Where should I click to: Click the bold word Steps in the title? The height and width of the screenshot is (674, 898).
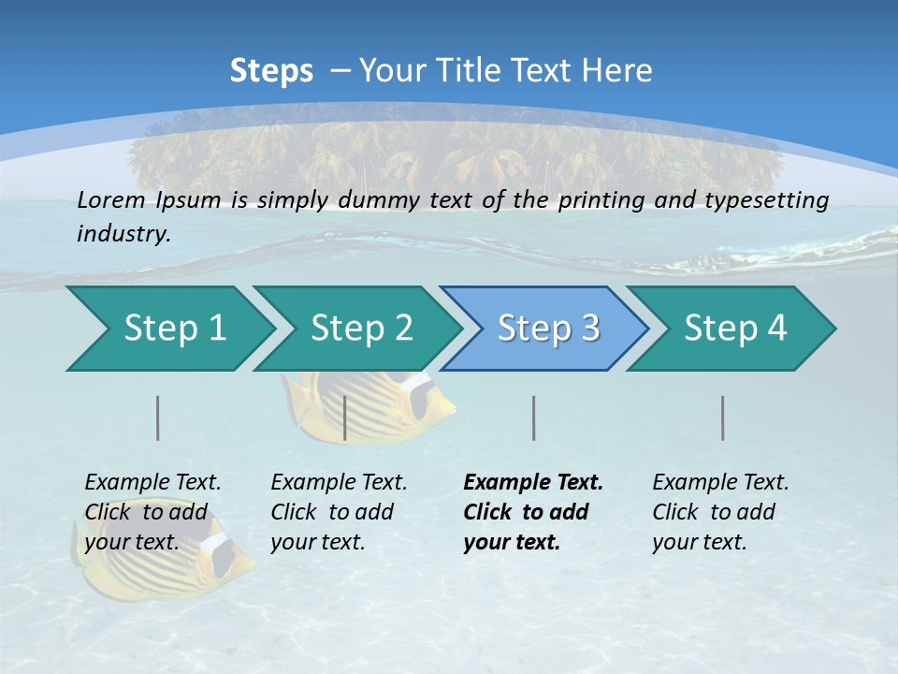[x=271, y=71]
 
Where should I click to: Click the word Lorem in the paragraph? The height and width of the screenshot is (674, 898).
[x=110, y=199]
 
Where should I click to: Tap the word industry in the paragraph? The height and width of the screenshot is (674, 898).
[x=123, y=233]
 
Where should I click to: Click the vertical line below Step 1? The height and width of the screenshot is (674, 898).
[x=158, y=418]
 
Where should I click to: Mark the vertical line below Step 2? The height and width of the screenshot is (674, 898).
[x=345, y=418]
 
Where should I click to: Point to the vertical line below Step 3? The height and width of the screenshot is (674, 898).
[x=533, y=418]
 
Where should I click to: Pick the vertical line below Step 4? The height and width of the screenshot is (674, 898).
[x=723, y=418]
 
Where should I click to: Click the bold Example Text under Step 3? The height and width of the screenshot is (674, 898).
[x=533, y=483]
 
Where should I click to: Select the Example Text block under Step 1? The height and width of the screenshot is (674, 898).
[x=152, y=512]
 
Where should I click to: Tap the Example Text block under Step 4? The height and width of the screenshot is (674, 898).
[x=720, y=512]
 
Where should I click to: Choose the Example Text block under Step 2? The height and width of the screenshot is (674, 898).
[x=339, y=512]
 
